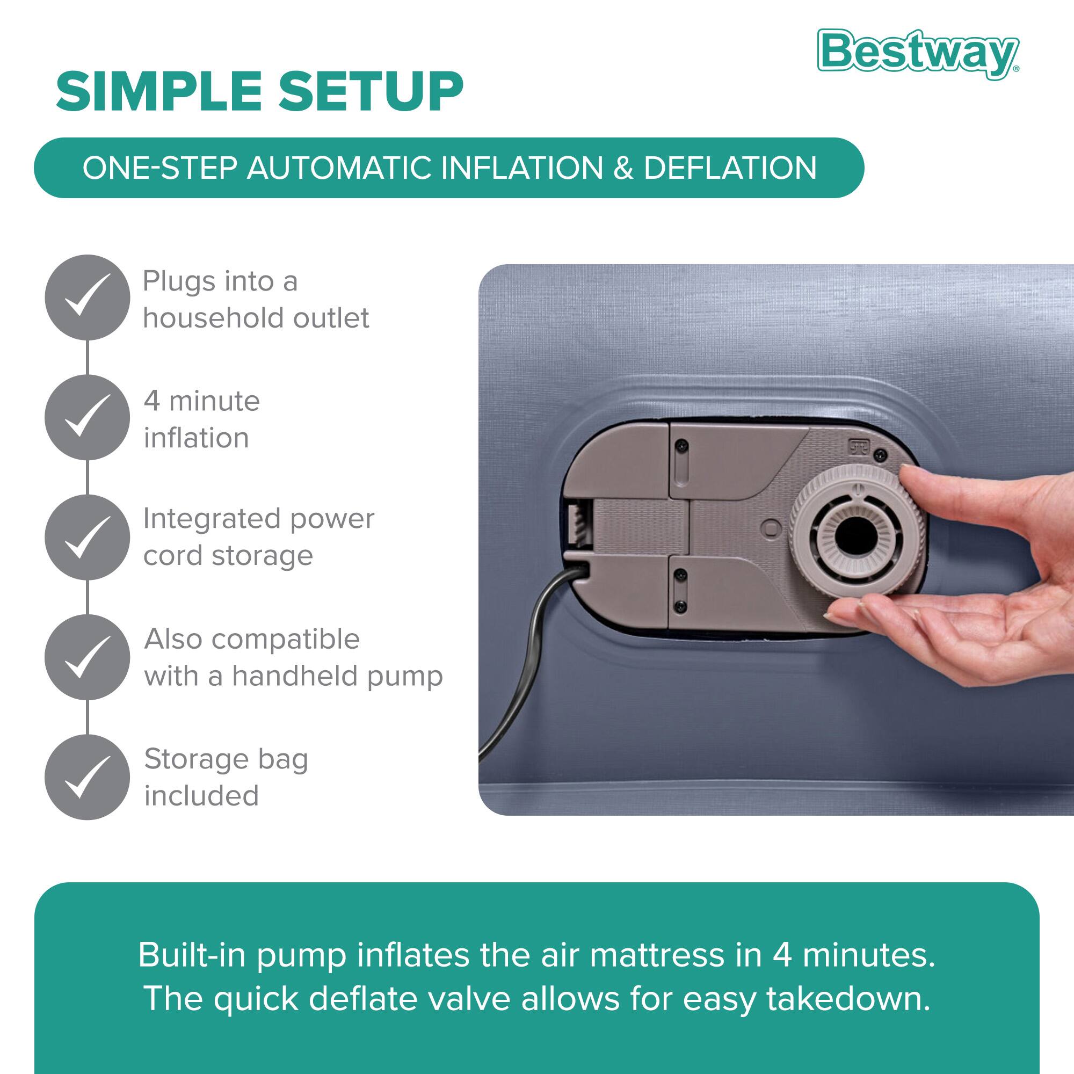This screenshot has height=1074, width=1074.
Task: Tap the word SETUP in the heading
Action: coord(370,91)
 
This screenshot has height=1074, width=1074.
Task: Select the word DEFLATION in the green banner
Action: coord(730,168)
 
